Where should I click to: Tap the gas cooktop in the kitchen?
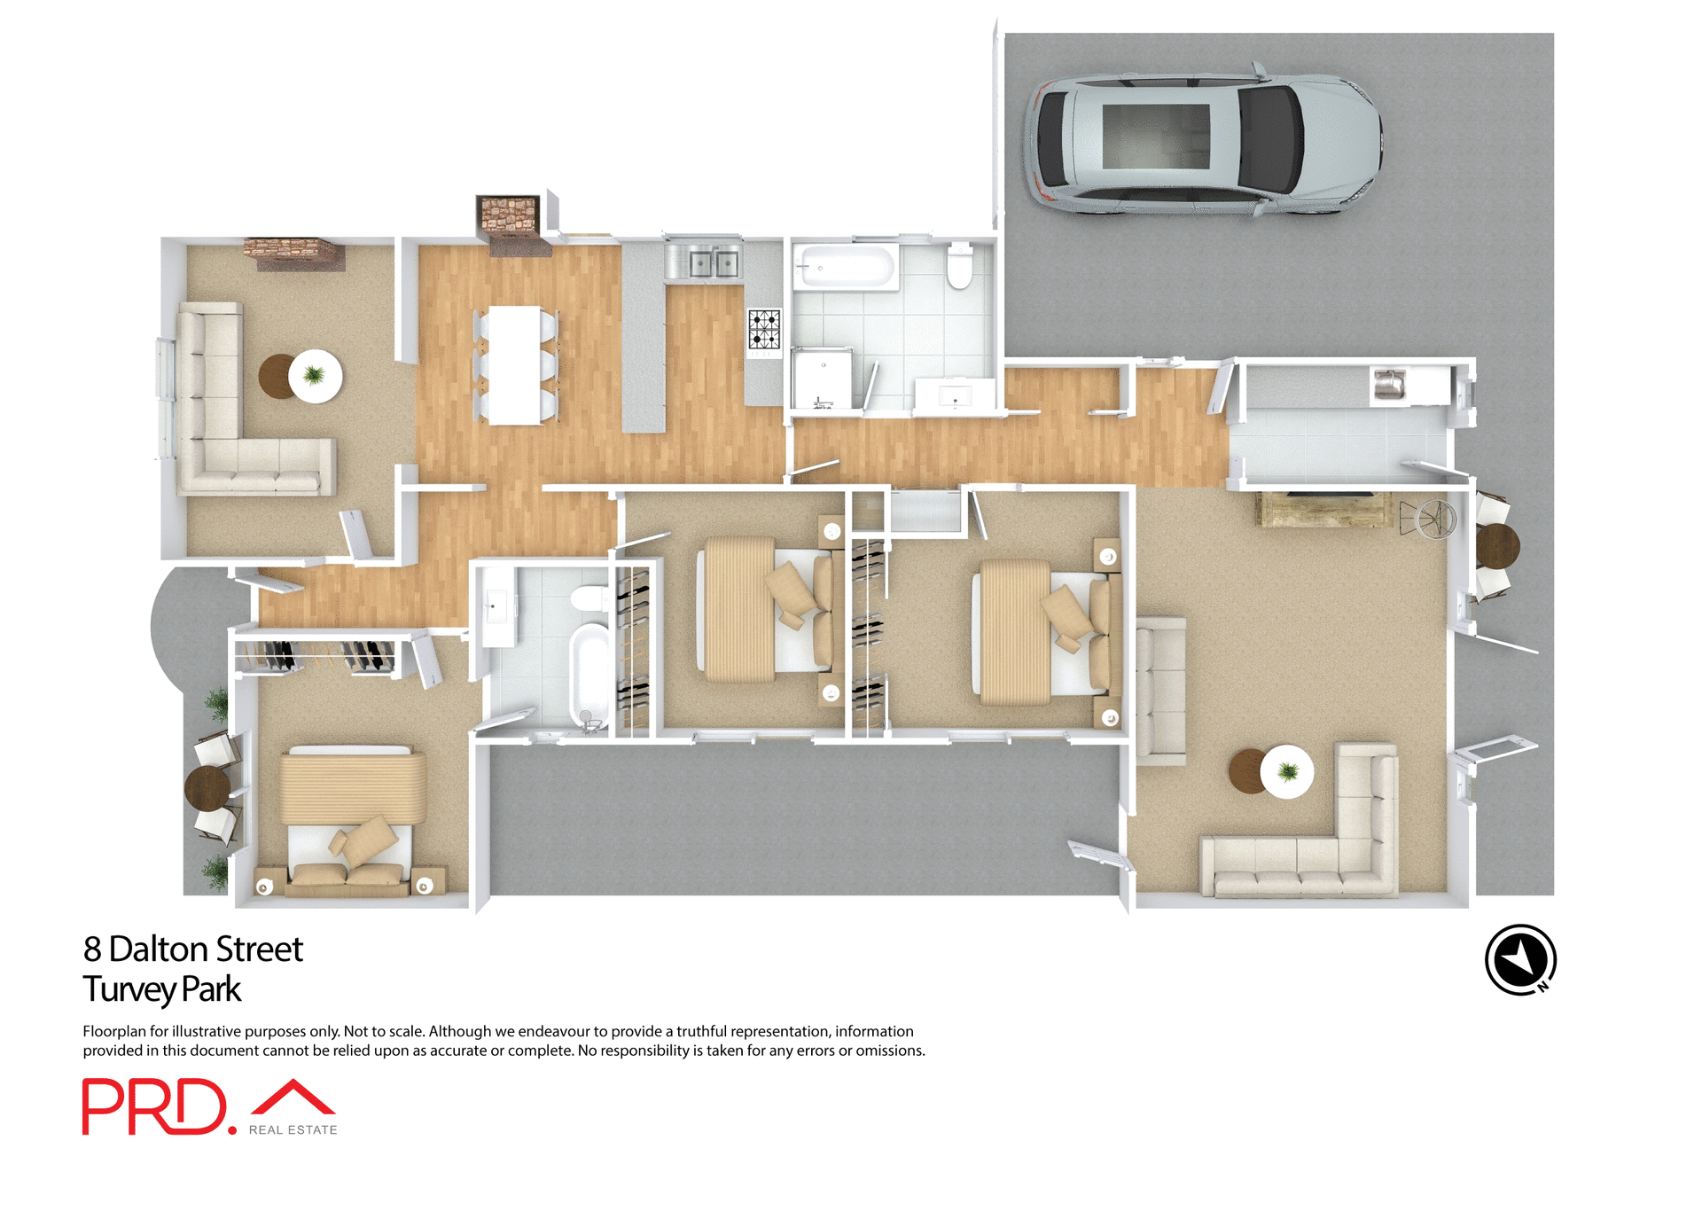(x=764, y=329)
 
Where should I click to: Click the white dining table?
(x=515, y=364)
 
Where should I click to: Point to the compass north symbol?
(x=1520, y=959)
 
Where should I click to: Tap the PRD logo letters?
(x=155, y=1106)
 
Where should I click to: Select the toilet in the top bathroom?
(x=959, y=266)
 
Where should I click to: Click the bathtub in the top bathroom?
(x=845, y=267)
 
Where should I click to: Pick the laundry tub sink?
(x=1389, y=385)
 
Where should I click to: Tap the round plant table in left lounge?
(x=315, y=376)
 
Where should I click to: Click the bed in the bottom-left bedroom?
(x=353, y=820)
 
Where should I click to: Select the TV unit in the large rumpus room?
(x=1323, y=509)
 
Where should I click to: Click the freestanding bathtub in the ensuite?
(x=589, y=675)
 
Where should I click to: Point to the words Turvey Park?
(x=162, y=989)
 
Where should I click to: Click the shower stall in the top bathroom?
(x=822, y=379)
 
